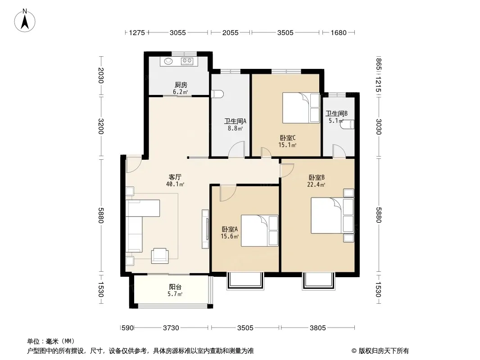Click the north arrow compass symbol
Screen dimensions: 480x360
point(25,20)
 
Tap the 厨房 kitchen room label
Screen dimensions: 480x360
point(181,85)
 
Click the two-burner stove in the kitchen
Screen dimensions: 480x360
point(187,61)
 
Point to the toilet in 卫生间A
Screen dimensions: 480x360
point(218,94)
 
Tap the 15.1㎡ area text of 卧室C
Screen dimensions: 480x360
point(287,145)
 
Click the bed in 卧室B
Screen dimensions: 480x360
point(332,216)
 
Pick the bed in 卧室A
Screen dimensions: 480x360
point(260,230)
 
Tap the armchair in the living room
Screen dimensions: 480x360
point(160,256)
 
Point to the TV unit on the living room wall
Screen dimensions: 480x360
point(205,229)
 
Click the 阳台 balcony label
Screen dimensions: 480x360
point(175,287)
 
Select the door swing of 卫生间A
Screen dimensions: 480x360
point(237,149)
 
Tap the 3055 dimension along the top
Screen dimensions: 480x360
point(178,32)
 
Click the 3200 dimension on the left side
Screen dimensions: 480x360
point(101,126)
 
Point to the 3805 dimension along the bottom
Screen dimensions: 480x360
point(318,328)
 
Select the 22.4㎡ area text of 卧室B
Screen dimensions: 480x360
point(316,184)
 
